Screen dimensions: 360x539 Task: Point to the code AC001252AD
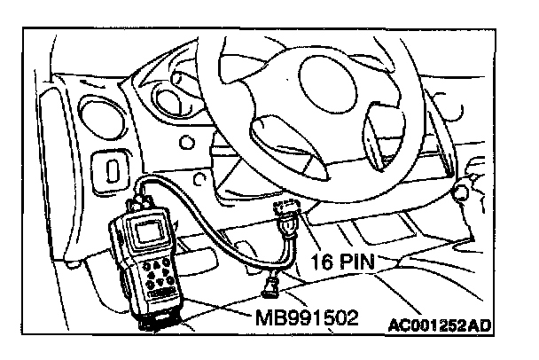coord(440,326)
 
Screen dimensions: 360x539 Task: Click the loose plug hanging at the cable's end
coord(270,286)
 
